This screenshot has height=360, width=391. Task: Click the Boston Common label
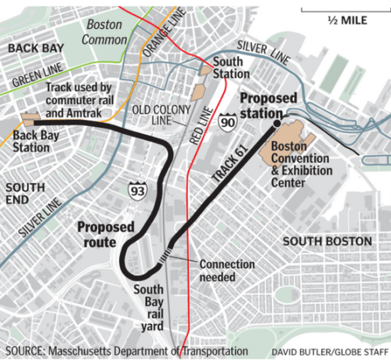point(105,31)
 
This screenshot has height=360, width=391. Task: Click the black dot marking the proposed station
point(277,124)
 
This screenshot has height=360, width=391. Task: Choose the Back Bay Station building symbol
point(32,121)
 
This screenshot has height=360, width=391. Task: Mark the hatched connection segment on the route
point(163,256)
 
